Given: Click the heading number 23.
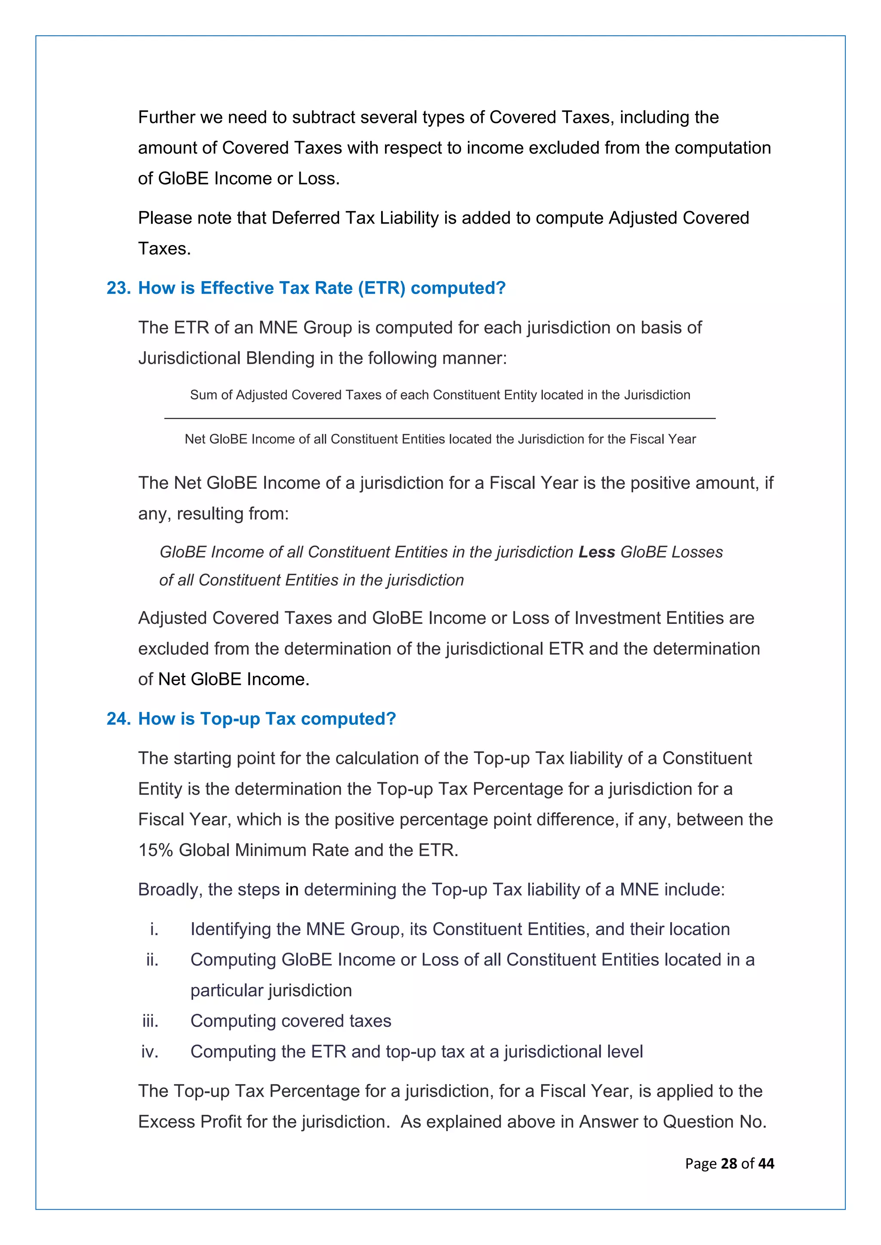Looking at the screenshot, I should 118,288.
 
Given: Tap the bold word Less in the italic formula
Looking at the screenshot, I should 596,552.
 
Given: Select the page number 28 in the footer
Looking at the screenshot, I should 729,1164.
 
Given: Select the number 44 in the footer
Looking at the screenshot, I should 766,1164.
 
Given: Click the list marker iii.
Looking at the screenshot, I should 150,1021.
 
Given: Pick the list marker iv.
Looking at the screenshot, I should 150,1052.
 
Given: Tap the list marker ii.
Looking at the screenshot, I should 152,960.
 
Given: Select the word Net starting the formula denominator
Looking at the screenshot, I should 195,439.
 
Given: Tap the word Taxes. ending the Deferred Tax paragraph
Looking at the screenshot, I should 164,249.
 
